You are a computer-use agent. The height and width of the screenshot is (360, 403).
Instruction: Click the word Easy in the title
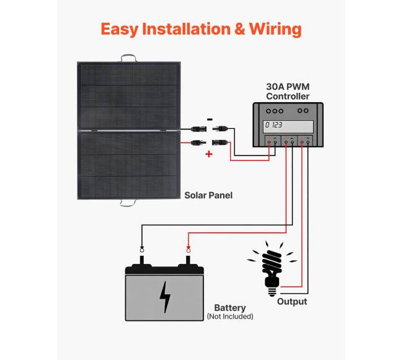[x=119, y=29]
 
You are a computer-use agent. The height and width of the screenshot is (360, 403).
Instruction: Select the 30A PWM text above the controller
[x=288, y=87]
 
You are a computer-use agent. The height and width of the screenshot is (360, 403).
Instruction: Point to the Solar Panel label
[x=208, y=195]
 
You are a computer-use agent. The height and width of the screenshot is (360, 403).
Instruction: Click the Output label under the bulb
[x=291, y=302]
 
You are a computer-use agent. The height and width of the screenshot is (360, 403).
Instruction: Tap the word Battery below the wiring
[x=229, y=307]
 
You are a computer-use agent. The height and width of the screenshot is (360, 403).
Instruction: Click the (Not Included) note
[x=229, y=317]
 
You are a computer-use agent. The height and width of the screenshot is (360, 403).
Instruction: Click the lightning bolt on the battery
[x=165, y=297]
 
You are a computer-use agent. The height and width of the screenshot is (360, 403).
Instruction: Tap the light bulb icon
[x=271, y=268]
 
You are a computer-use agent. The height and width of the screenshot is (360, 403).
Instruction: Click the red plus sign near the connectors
[x=208, y=154]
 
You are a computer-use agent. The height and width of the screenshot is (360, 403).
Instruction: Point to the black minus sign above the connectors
[x=209, y=120]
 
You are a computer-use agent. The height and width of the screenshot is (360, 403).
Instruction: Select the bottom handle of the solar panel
[x=128, y=201]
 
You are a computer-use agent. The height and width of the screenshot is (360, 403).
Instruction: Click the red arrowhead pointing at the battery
[x=188, y=247]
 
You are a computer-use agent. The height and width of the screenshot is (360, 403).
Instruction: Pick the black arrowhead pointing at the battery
[x=142, y=247]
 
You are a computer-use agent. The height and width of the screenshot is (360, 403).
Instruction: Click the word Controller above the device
[x=288, y=97]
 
